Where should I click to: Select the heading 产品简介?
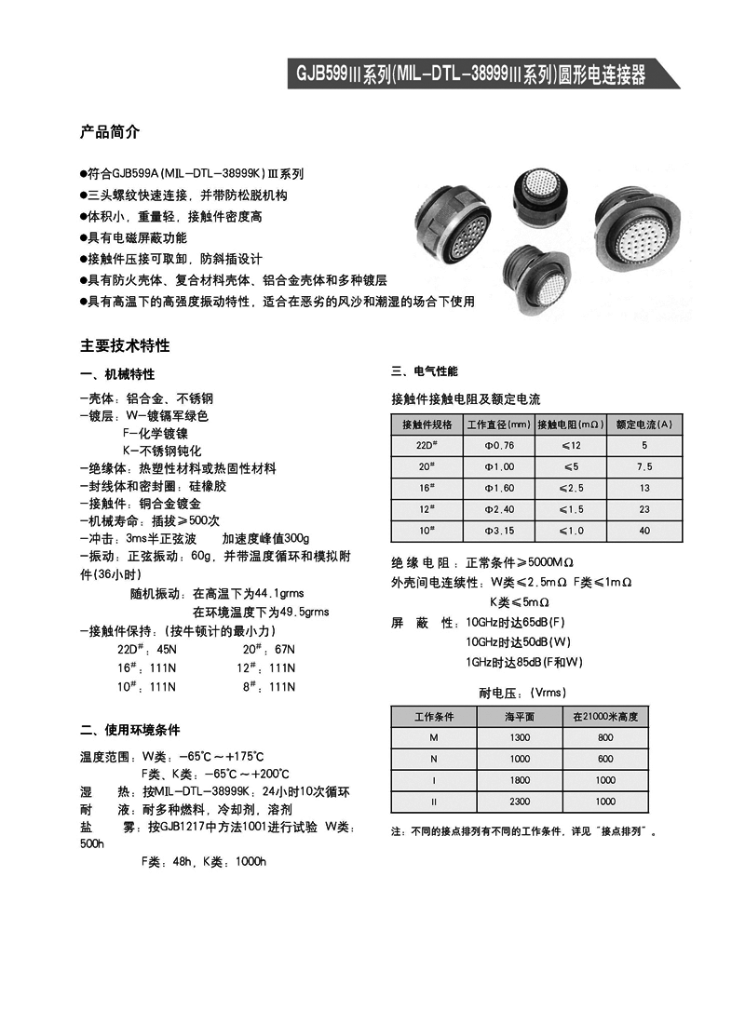pos(110,132)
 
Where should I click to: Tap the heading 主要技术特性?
pos(125,345)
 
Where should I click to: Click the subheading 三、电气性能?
pos(424,371)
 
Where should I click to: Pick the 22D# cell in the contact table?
pos(427,445)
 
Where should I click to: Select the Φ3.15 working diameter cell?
pos(499,531)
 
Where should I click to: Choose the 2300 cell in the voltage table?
pos(520,801)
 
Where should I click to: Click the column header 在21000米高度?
pos(605,716)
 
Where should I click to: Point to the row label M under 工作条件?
pos(433,737)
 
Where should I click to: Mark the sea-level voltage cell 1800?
pos(520,780)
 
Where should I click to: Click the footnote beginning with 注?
pos(524,831)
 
